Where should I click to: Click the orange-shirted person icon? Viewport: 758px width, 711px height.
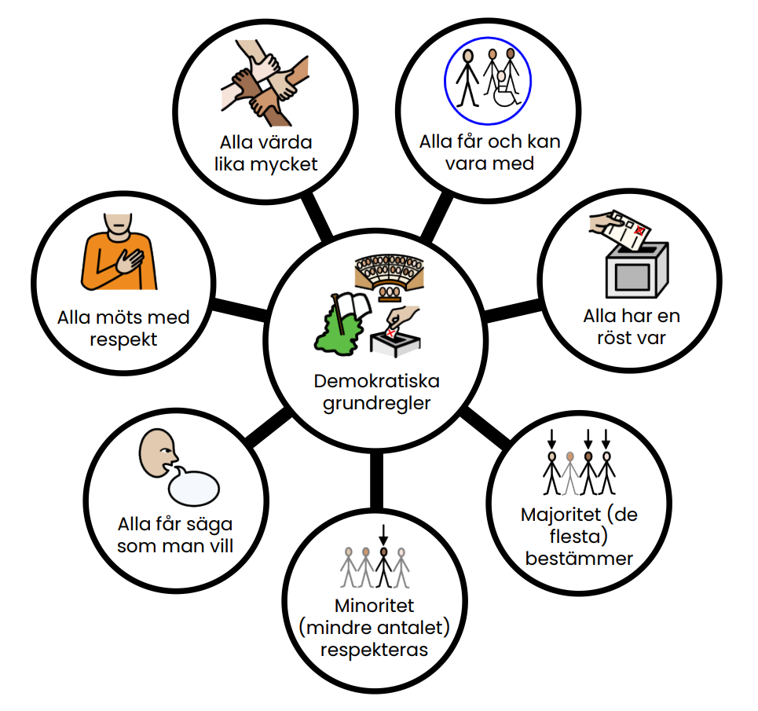click(119, 251)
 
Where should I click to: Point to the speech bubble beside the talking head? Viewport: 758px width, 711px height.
click(193, 486)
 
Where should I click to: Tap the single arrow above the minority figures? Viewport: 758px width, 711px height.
click(383, 534)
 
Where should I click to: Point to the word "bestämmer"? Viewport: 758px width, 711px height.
click(579, 559)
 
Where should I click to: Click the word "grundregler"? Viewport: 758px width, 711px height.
click(377, 403)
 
